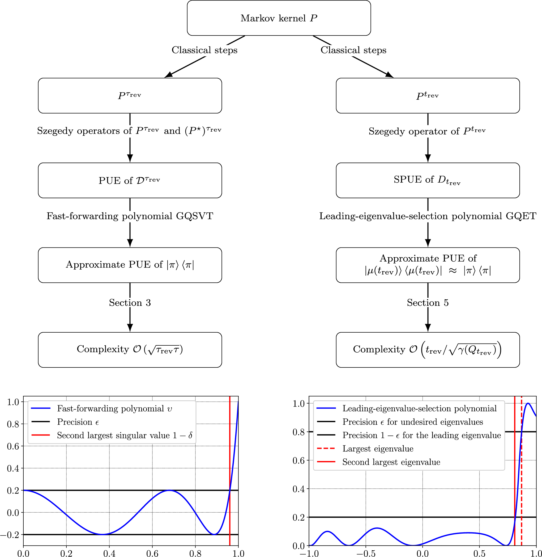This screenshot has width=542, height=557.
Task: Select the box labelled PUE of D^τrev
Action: [130, 181]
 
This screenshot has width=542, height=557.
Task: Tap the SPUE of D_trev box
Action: [428, 181]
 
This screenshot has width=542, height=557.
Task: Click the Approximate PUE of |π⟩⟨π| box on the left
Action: [130, 265]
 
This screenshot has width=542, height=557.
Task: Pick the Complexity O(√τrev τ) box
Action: [130, 349]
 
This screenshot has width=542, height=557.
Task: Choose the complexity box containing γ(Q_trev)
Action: [428, 349]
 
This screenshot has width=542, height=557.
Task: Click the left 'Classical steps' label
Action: [204, 50]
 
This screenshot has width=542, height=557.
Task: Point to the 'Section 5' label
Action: [428, 303]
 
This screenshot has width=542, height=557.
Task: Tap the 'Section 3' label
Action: [130, 303]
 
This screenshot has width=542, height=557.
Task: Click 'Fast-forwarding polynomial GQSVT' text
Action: [130, 216]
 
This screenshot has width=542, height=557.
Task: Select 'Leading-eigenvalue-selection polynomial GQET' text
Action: [428, 216]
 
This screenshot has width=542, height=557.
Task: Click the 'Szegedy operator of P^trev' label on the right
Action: [427, 131]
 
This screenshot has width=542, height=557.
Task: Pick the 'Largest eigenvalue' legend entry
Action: [378, 449]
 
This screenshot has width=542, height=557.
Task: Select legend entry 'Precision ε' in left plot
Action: [78, 422]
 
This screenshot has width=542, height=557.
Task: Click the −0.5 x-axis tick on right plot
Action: [365, 553]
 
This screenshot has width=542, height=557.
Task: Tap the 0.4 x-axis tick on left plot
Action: [109, 553]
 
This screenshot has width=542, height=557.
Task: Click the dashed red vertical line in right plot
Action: [522, 485]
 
